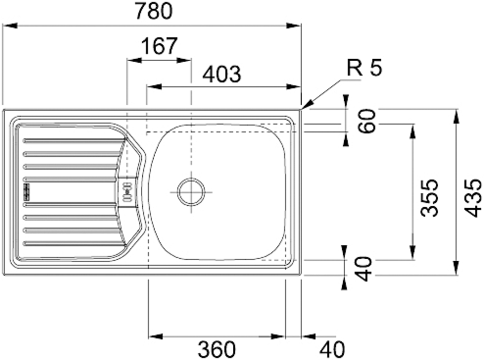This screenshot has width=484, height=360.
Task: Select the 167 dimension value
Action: pos(159,46)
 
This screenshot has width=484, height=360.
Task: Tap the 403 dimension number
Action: pos(221,75)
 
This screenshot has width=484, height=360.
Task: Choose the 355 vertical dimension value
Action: pos(427,197)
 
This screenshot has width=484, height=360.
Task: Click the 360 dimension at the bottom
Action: pos(217,350)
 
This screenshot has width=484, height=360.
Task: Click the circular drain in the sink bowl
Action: pos(191,192)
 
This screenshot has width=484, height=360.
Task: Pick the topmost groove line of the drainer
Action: pos(72,140)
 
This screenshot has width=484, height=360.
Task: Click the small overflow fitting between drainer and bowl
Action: pos(128,191)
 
